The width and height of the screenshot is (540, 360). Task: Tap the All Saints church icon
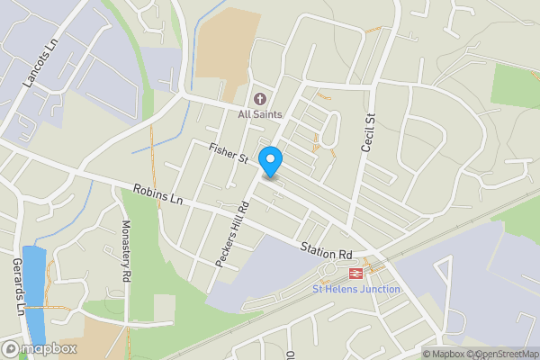click(x=260, y=98)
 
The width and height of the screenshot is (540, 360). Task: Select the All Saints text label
click(x=260, y=114)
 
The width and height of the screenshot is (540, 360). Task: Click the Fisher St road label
click(x=229, y=152)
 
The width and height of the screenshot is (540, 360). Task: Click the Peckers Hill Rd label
click(x=231, y=231)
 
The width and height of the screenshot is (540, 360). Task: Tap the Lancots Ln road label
click(x=39, y=62)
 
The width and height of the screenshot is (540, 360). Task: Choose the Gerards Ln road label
click(x=16, y=284)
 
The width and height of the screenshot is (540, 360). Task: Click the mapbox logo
click(x=40, y=348)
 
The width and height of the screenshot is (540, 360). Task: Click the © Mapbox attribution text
click(x=444, y=354)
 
